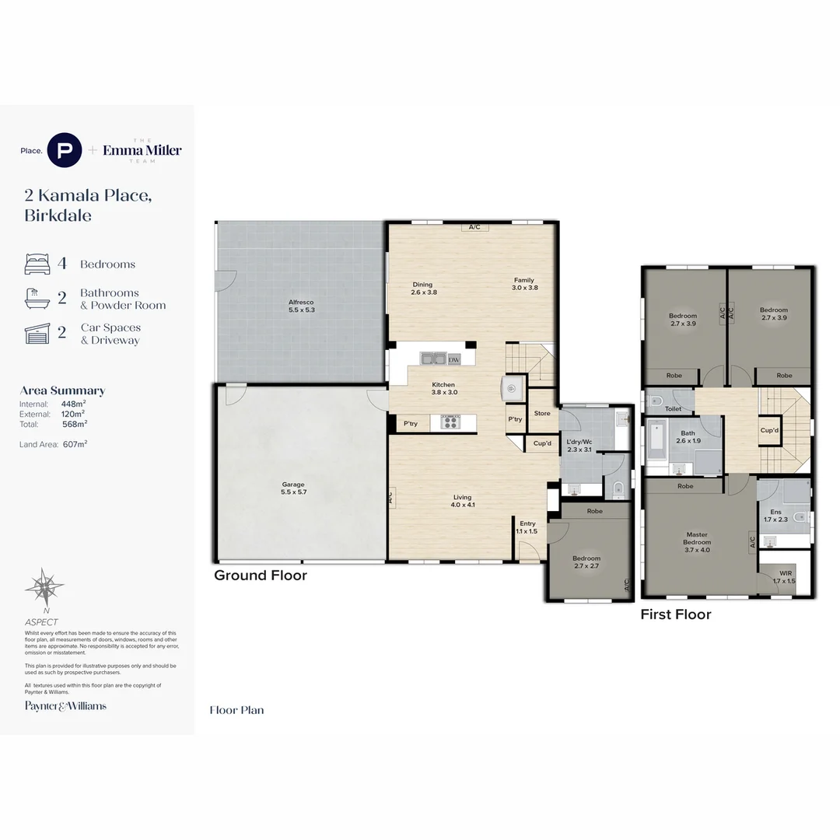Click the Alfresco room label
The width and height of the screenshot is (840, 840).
coord(301,305)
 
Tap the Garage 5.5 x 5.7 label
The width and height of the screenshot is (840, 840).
coord(293,488)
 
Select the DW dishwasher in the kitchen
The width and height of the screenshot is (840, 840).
coord(454,359)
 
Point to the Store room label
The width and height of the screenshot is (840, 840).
coord(542,413)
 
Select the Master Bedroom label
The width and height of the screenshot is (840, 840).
coord(697,542)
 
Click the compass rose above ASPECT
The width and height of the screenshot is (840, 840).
coord(44,588)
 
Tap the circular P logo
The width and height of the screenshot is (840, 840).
coord(65,150)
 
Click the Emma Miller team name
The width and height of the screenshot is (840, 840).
coord(142,150)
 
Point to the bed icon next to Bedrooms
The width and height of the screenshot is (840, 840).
coord(37,264)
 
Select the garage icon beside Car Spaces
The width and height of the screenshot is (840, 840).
coord(37,334)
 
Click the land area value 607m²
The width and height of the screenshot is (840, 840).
coord(75,444)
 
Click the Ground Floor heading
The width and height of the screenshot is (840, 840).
coord(261,576)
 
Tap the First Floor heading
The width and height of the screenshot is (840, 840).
coord(676,614)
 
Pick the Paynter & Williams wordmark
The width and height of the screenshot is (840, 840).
coord(65,706)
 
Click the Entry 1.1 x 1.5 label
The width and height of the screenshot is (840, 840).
coord(527,527)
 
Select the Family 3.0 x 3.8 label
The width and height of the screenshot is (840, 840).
coord(524,284)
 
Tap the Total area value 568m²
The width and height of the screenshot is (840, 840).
coord(75,424)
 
